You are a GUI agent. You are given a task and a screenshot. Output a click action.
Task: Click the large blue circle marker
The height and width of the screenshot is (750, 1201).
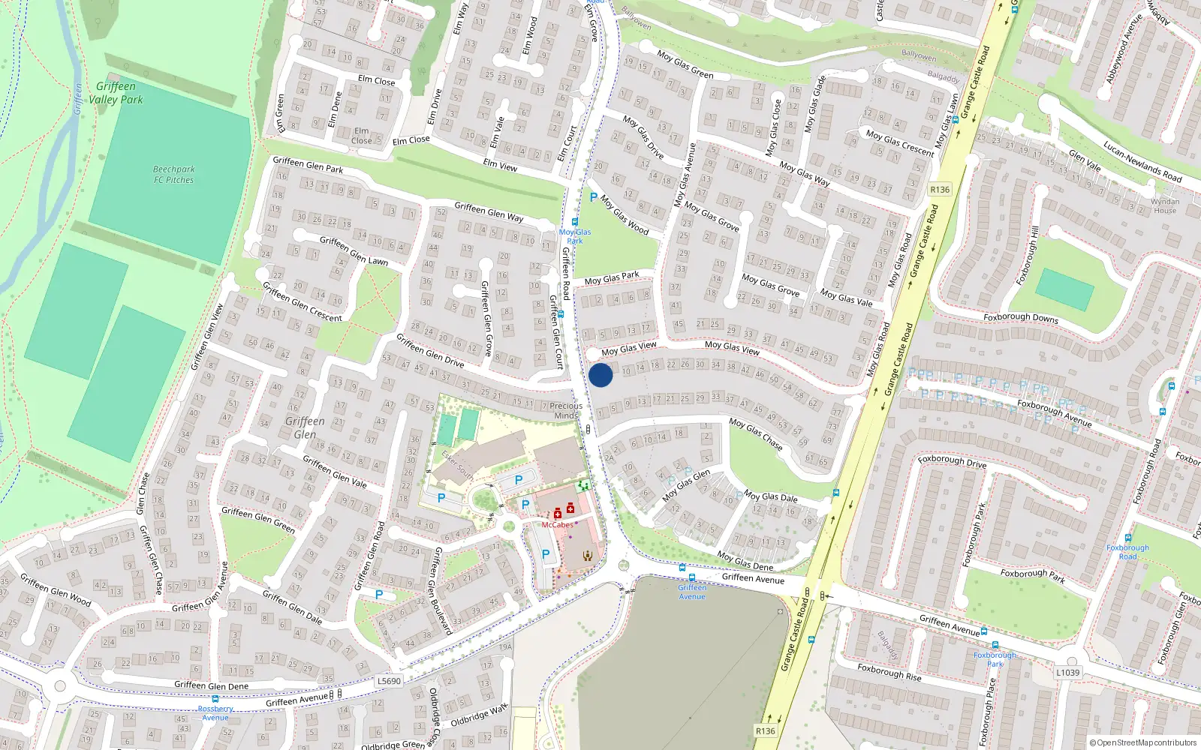[600, 375]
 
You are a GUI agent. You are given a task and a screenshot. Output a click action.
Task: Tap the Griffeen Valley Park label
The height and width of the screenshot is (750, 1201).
[116, 93]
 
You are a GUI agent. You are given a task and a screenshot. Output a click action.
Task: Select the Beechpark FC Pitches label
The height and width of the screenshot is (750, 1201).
[173, 175]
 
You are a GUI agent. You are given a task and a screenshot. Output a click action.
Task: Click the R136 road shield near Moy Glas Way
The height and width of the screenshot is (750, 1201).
[939, 190]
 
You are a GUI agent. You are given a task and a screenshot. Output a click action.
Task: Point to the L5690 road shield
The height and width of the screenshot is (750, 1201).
[389, 681]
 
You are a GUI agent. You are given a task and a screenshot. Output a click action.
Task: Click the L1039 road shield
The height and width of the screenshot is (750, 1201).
[1067, 673]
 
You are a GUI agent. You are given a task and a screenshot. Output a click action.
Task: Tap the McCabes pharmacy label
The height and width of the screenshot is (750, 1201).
[557, 525]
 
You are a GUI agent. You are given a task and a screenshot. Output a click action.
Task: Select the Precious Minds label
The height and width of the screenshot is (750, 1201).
[566, 410]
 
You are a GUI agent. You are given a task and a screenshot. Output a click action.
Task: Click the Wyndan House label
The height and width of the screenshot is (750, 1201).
[1165, 206]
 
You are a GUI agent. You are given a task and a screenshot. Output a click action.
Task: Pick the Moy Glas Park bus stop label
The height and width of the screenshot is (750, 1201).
[575, 236]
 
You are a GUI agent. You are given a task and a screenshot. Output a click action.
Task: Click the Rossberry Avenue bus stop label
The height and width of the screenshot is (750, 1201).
[215, 712]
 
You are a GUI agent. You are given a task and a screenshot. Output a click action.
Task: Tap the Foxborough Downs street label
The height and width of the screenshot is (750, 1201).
[1020, 318]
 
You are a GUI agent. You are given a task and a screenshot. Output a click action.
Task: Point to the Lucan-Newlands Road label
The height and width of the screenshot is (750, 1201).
[1142, 162]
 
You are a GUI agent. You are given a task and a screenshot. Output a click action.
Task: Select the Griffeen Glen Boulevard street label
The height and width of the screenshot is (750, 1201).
[442, 591]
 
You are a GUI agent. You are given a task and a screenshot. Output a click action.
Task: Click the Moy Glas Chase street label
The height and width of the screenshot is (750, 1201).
[755, 434]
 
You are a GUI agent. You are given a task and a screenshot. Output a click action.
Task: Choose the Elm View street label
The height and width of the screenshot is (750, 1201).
[500, 165]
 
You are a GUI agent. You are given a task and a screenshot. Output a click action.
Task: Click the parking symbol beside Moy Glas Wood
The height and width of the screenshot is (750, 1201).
[594, 198]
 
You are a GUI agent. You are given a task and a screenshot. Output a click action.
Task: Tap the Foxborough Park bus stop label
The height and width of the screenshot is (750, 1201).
[995, 659]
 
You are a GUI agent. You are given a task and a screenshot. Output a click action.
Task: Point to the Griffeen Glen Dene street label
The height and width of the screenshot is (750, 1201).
[211, 685]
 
